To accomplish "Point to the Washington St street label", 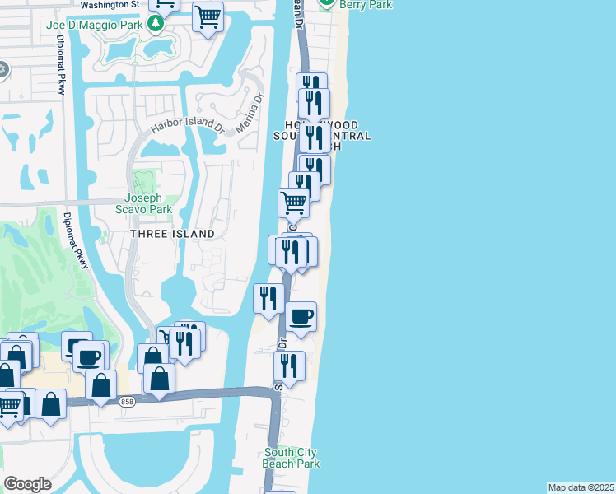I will point(111,5).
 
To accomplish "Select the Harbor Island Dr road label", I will point(186,128).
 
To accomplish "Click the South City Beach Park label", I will point(291,458).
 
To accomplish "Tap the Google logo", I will point(28,483).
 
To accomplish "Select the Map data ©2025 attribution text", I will point(581,487).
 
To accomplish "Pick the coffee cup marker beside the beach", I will point(301,316).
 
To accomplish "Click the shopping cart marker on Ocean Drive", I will point(294,201).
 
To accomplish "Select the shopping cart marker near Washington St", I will point(208,16).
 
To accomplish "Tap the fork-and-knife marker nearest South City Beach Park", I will point(289,365).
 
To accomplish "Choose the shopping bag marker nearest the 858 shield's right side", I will point(159,378).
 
